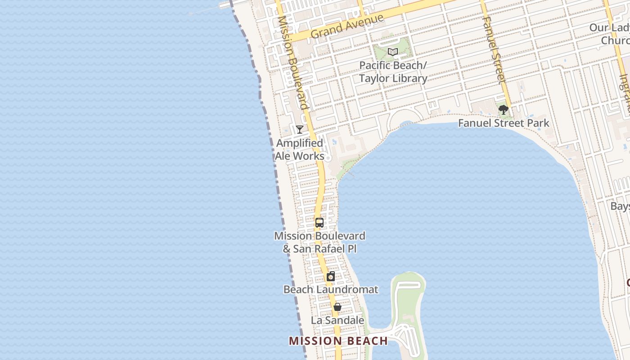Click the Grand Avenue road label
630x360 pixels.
coord(347,27)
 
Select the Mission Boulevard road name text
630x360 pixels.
coord(292,63)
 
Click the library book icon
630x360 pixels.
coord(393,52)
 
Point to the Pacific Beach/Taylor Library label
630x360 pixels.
coord(393,72)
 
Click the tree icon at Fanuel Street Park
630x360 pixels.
coord(503,110)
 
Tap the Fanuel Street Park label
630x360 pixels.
coord(504,123)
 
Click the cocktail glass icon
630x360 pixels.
coord(299,130)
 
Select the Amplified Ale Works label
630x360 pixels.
coord(300,149)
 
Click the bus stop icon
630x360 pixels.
coord(319,222)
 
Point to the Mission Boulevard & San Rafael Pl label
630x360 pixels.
coord(319,242)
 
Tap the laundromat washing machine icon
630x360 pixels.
coord(331,276)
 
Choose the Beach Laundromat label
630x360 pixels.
coord(331,289)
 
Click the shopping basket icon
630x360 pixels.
coord(337,307)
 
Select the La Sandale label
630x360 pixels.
coord(337,320)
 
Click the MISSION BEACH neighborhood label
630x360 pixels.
coord(338,341)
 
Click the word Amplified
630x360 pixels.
coord(300,143)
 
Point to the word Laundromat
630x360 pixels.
coord(349,289)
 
